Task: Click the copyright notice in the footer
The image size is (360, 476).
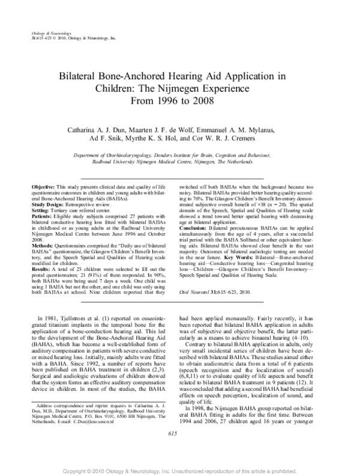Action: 180,469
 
